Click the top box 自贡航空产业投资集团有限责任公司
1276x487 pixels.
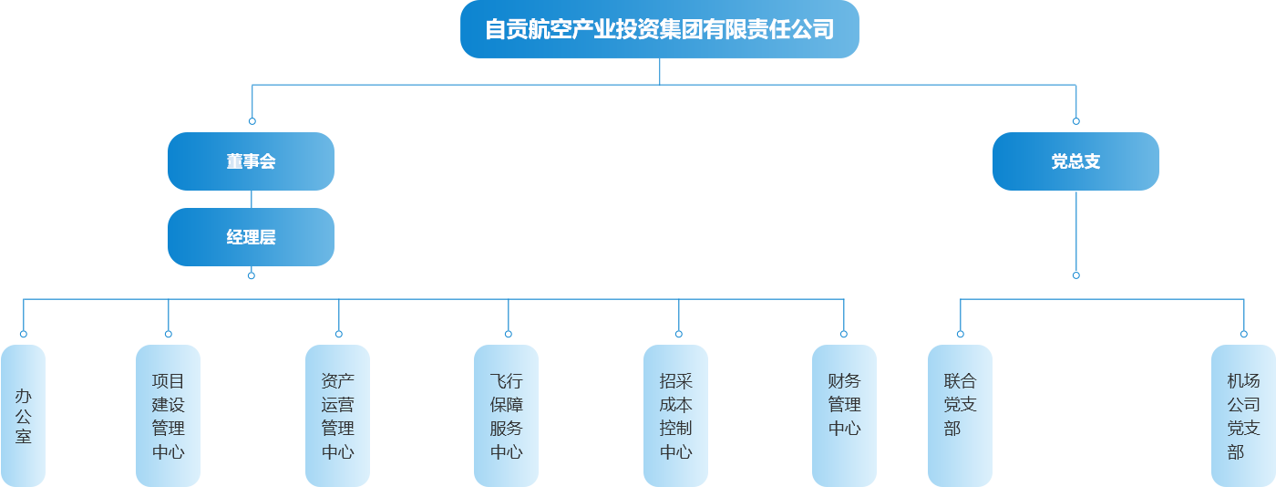[660, 30]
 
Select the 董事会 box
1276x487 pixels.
[252, 161]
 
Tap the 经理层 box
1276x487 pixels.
[252, 237]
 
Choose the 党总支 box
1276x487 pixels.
[1075, 161]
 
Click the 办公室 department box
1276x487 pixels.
[23, 415]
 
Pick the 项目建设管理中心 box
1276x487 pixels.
[168, 415]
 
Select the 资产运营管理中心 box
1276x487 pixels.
[338, 415]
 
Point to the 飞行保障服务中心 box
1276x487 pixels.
[507, 415]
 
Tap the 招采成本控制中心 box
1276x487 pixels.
[676, 415]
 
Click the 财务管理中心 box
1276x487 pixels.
[844, 415]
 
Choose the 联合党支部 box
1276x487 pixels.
[960, 415]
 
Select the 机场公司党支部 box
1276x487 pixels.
[1243, 415]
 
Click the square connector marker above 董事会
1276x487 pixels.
[252, 121]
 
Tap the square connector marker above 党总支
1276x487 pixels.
[1075, 121]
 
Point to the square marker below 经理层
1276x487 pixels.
[252, 275]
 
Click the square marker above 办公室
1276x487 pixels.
[23, 334]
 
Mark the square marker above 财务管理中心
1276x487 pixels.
[844, 334]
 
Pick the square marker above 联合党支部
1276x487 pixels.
[960, 334]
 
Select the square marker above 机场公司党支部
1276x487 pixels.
[1243, 334]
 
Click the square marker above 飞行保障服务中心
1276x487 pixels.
[508, 334]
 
